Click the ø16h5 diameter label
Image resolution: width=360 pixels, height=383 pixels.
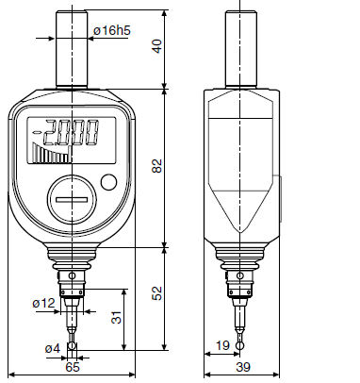[x=112, y=30]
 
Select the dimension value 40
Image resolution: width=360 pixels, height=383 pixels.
[x=157, y=46]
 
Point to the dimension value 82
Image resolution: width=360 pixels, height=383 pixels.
[x=157, y=166]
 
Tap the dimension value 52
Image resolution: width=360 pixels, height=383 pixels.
[x=157, y=293]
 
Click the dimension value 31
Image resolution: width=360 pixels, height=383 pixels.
[x=117, y=317]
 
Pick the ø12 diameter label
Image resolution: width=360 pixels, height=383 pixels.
[x=44, y=303]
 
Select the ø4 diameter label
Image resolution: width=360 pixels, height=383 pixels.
[x=53, y=348]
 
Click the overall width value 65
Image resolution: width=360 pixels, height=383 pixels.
[x=73, y=367]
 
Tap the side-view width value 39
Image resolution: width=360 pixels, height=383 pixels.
[x=243, y=367]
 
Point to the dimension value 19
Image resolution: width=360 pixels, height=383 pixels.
[x=222, y=345]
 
